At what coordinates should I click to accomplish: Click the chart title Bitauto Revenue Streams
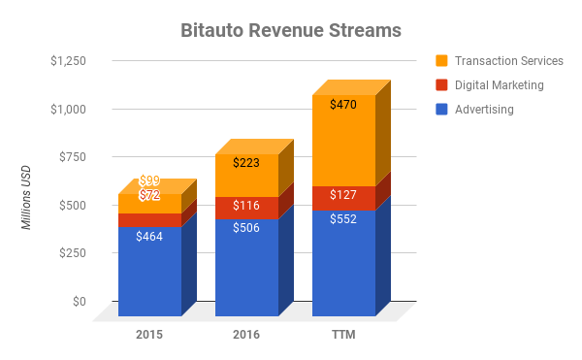click(291, 30)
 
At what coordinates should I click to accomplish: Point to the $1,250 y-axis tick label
click(68, 61)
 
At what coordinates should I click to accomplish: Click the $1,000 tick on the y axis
click(68, 110)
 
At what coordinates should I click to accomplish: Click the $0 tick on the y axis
click(79, 302)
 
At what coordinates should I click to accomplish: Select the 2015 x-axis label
click(149, 335)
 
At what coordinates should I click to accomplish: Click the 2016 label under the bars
click(246, 335)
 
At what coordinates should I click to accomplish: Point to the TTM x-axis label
click(343, 335)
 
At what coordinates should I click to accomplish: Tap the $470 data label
click(343, 105)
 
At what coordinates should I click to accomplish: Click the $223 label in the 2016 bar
click(246, 163)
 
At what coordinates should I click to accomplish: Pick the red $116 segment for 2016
click(246, 208)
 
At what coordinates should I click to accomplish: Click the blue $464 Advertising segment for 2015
click(149, 237)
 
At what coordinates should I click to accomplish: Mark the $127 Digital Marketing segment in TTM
click(343, 194)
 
